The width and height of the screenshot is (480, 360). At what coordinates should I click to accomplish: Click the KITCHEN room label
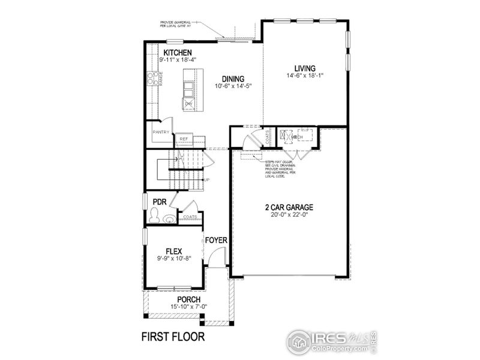(178, 53)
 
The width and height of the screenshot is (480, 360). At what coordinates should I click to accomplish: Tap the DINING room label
(232, 79)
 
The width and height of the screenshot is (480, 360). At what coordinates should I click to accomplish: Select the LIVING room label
(305, 68)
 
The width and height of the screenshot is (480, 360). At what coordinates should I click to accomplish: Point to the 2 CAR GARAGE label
(289, 208)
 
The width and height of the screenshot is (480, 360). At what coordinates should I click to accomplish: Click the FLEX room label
(173, 251)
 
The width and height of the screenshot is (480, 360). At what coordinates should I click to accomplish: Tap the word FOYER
(216, 241)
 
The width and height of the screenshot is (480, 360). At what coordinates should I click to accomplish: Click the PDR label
(159, 202)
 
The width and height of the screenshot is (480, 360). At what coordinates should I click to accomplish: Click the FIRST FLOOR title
(173, 336)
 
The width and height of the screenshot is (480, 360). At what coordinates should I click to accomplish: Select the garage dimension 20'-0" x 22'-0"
(289, 216)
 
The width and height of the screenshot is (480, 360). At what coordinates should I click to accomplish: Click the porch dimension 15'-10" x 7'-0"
(188, 308)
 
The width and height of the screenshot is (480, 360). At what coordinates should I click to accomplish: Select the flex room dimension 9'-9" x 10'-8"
(173, 259)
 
